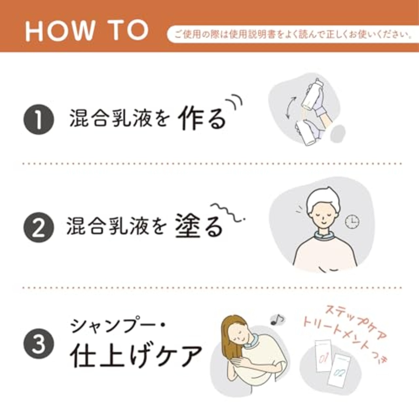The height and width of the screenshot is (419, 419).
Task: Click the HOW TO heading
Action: click(x=87, y=30)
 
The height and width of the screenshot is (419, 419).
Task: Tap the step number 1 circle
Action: click(x=38, y=120)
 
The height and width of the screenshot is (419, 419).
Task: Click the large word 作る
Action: click(x=202, y=118)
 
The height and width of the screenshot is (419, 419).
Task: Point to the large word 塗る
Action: click(x=199, y=226)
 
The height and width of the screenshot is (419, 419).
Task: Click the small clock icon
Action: click(x=352, y=222)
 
